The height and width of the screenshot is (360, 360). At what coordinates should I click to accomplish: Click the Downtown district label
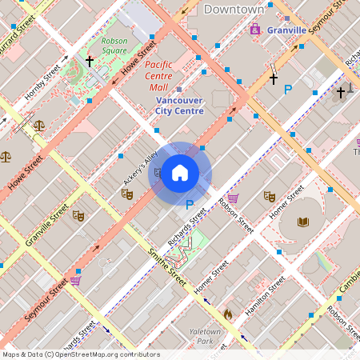(x=234, y=9)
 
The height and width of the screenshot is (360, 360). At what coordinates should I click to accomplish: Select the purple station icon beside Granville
(x=255, y=30)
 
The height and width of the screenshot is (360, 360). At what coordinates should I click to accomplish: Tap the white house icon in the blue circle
(x=180, y=172)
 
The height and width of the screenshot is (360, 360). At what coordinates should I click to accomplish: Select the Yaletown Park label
(x=204, y=336)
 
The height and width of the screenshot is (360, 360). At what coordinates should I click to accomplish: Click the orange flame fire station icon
(x=228, y=314)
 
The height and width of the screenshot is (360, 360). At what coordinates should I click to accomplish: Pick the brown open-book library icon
(x=303, y=222)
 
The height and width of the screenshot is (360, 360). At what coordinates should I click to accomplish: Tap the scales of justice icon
(x=6, y=157)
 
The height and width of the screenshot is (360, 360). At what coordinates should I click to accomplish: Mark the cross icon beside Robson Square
(x=90, y=61)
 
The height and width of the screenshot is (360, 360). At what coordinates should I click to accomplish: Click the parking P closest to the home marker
(x=190, y=205)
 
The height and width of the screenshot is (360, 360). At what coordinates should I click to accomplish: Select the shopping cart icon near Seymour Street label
(x=75, y=280)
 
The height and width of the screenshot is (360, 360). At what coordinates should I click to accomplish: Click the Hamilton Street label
(x=266, y=294)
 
